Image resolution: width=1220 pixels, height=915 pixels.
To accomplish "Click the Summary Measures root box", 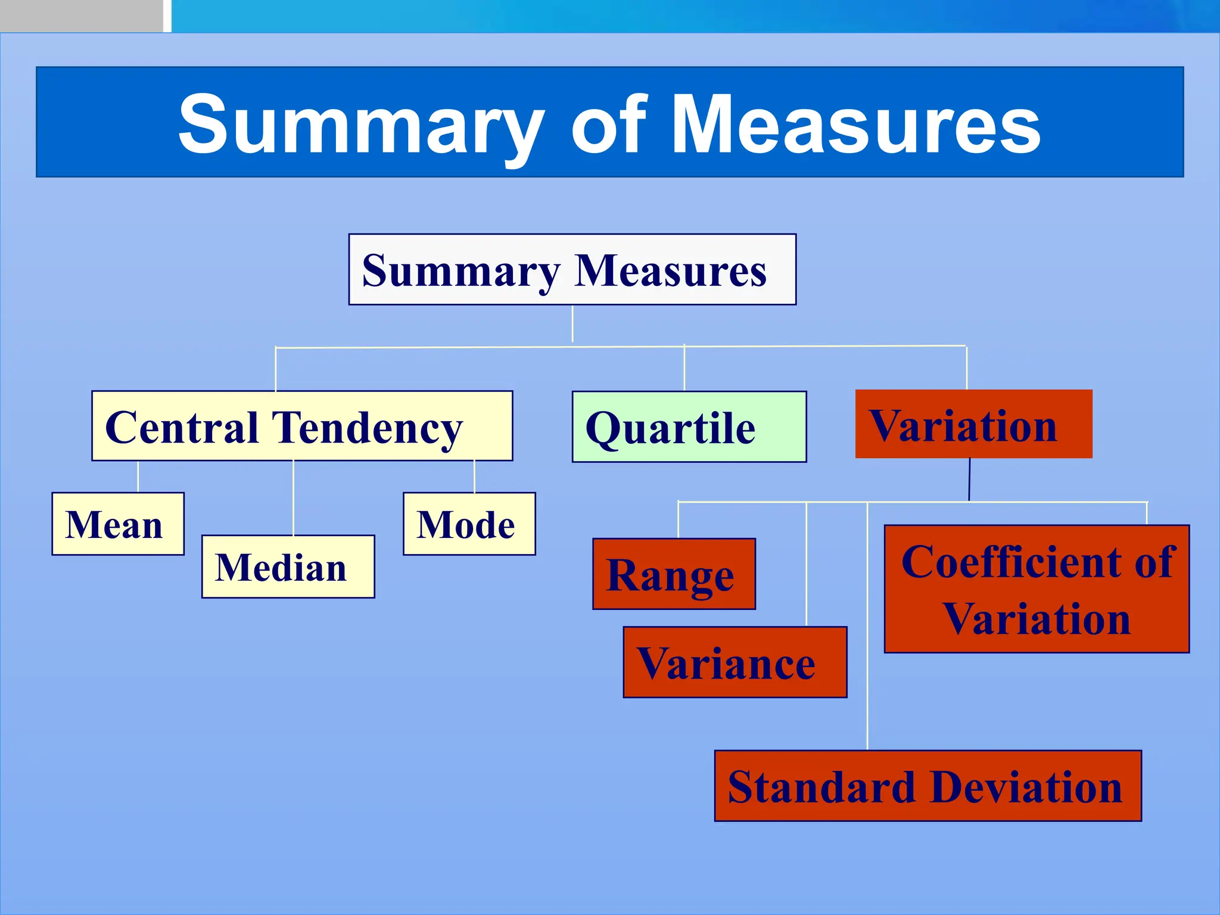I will click(x=572, y=269).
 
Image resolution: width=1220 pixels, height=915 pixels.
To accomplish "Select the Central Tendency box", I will click(x=302, y=426).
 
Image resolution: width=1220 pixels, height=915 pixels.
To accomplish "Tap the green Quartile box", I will click(x=689, y=427).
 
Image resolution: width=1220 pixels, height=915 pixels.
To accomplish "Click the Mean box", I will click(x=118, y=524).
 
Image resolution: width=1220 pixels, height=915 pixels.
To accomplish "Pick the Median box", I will click(x=288, y=567).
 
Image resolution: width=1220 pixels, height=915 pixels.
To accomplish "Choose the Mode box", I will click(x=469, y=524).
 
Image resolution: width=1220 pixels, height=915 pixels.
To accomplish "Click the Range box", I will click(x=674, y=574).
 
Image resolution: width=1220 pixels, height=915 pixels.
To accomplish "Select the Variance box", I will click(x=735, y=662).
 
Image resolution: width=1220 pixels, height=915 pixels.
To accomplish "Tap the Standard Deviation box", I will click(x=928, y=786).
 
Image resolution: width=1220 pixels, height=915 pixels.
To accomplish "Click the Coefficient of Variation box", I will click(x=1037, y=589).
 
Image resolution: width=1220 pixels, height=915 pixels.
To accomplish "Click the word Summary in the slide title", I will click(x=360, y=125).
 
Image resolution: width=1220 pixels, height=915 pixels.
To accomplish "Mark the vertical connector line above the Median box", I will click(x=293, y=497).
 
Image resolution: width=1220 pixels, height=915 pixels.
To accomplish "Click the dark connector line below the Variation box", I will click(x=969, y=480).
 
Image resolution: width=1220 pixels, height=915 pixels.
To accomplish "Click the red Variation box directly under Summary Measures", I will click(x=973, y=424).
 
